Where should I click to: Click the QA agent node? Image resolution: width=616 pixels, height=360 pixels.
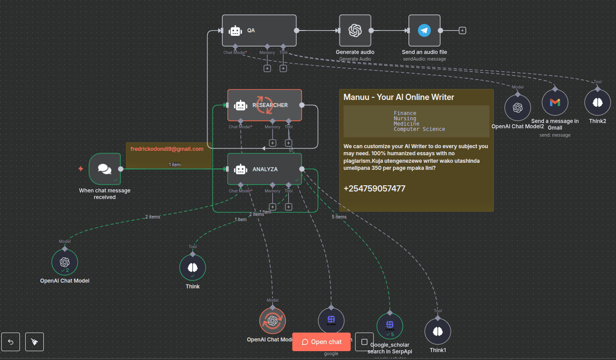click(x=259, y=31)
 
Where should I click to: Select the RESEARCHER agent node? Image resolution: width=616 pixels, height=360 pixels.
click(x=264, y=105)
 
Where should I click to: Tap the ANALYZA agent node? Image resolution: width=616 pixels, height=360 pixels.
click(x=264, y=169)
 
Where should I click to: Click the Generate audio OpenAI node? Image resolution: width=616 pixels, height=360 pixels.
click(x=355, y=31)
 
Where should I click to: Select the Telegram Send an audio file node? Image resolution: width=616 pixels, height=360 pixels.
click(x=424, y=31)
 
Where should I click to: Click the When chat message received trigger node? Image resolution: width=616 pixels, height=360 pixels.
click(x=104, y=169)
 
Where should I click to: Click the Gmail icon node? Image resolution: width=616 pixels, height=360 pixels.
click(x=554, y=102)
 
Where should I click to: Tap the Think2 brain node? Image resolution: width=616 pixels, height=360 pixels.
click(x=597, y=102)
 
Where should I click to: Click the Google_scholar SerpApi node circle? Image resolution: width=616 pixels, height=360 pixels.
click(x=389, y=326)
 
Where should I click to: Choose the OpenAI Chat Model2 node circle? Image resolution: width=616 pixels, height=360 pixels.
click(x=517, y=107)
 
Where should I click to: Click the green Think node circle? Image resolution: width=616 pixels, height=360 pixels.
click(x=192, y=267)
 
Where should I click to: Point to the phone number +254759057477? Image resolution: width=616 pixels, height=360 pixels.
click(x=374, y=189)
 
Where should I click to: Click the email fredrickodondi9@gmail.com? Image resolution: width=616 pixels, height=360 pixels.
click(x=167, y=149)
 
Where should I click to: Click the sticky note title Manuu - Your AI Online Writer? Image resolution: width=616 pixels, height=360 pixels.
click(x=398, y=97)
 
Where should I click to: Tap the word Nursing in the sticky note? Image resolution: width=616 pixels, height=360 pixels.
click(x=405, y=119)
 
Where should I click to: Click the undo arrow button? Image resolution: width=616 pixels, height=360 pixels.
click(x=11, y=342)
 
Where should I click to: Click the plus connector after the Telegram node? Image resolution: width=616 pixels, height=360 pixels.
click(x=462, y=31)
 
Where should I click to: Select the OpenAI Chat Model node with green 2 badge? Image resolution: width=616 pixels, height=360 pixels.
click(x=65, y=262)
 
